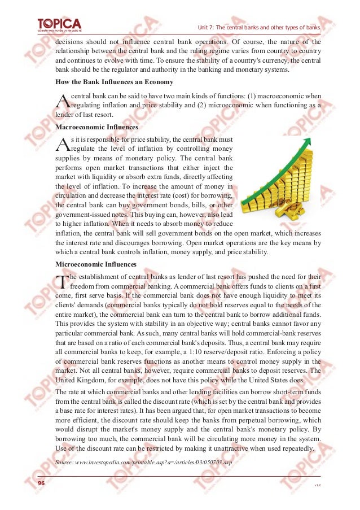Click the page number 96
click(x=41, y=484)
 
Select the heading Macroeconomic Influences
click(x=96, y=128)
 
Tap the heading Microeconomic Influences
click(x=96, y=264)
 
